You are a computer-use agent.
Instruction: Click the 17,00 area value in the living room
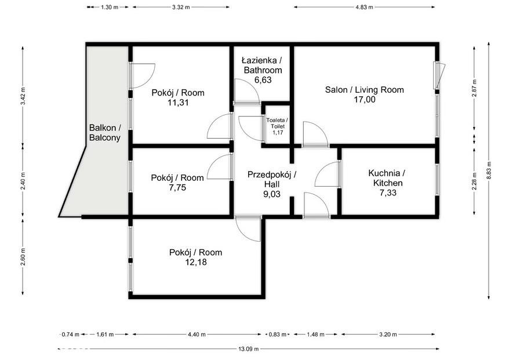(x=364, y=100)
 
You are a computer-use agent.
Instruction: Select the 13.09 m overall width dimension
(x=249, y=349)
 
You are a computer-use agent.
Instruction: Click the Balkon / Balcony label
(x=105, y=132)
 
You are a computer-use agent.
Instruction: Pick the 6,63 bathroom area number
(x=263, y=80)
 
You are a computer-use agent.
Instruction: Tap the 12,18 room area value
(x=196, y=262)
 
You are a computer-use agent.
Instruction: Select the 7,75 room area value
(x=177, y=188)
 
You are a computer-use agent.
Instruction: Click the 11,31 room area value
(x=178, y=103)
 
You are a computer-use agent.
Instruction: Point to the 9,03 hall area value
(x=272, y=194)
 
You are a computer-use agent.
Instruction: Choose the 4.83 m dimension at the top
(x=364, y=7)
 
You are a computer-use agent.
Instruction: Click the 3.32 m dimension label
(x=181, y=7)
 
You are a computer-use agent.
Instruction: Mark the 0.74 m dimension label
(x=71, y=334)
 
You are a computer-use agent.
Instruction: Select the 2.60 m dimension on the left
(x=23, y=257)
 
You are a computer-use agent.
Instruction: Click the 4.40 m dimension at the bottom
(x=196, y=334)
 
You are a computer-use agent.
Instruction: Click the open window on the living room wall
(x=439, y=75)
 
